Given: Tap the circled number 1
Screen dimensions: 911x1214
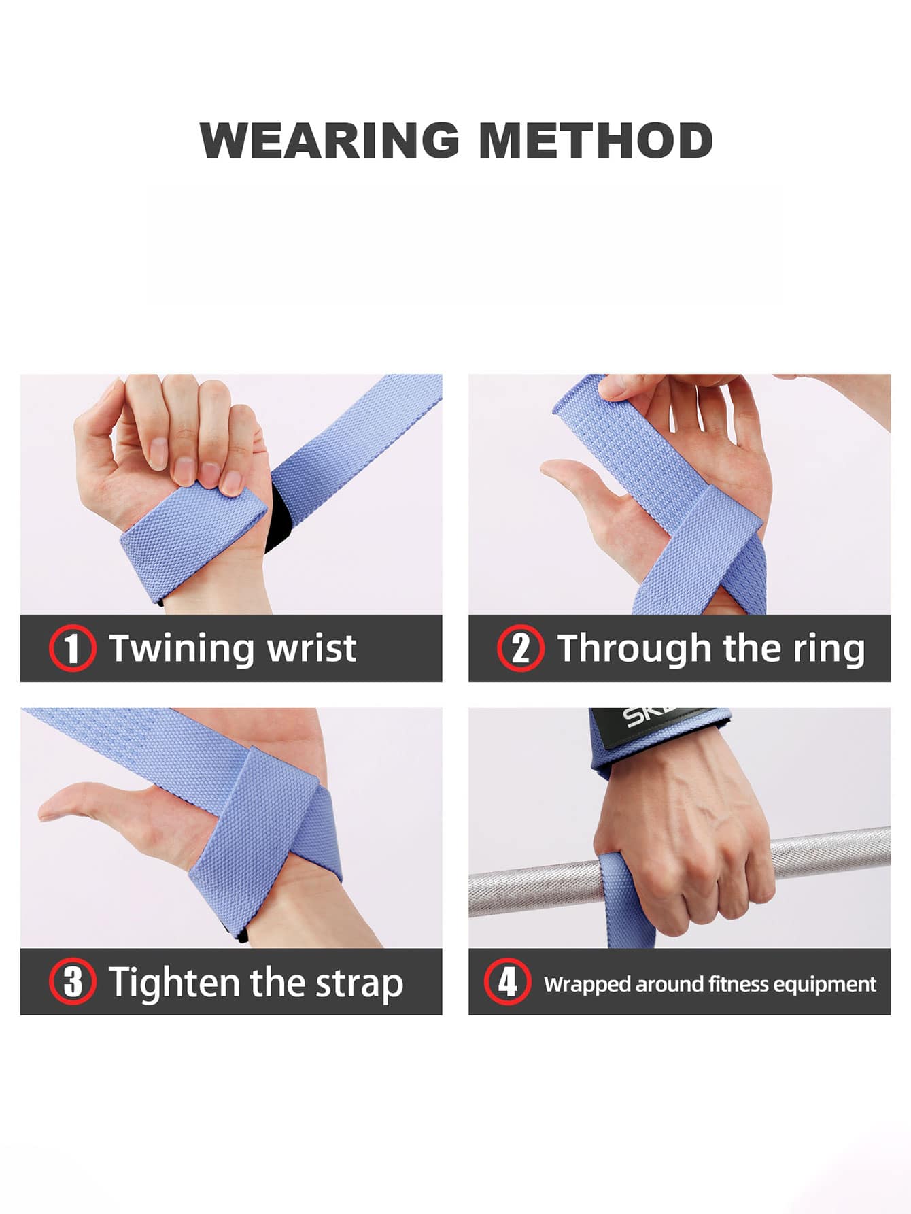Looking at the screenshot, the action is click(72, 648).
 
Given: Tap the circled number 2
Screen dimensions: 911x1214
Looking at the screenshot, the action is click(520, 648).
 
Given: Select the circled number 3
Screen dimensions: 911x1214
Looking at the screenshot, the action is click(72, 981).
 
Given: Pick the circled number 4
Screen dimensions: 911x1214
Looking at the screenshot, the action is click(507, 981).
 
